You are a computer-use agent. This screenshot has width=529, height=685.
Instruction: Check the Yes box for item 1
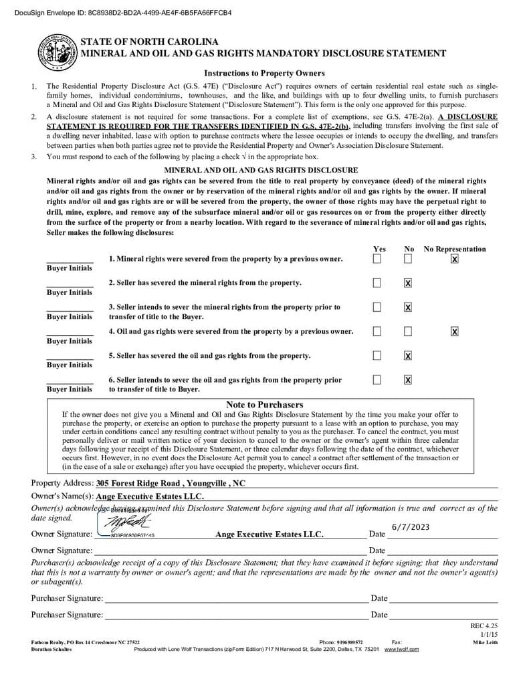point(377,259)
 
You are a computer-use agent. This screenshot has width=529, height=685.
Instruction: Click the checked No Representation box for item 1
point(455,259)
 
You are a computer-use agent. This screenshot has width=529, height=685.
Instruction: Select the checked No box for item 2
point(408,283)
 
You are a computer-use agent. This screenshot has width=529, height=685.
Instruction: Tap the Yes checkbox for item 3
point(377,307)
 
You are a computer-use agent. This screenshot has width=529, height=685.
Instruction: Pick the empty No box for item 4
point(408,331)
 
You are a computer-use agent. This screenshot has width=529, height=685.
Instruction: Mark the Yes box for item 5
point(377,355)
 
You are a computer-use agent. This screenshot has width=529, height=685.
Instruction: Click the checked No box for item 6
point(408,380)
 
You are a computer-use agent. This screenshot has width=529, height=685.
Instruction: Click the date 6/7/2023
point(411,527)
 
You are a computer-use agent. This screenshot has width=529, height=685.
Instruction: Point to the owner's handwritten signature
point(124,522)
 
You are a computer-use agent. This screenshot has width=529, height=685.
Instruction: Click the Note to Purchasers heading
point(264,405)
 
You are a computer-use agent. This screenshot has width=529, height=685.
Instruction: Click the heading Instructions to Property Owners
point(264,73)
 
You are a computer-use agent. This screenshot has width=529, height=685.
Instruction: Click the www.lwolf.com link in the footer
point(401,649)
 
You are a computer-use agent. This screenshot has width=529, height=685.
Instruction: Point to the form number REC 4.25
point(484,625)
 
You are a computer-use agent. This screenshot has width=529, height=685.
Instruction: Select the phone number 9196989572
point(350,642)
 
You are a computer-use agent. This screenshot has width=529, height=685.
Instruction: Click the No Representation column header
point(455,249)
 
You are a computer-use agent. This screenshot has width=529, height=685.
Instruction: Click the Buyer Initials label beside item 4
point(70,341)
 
